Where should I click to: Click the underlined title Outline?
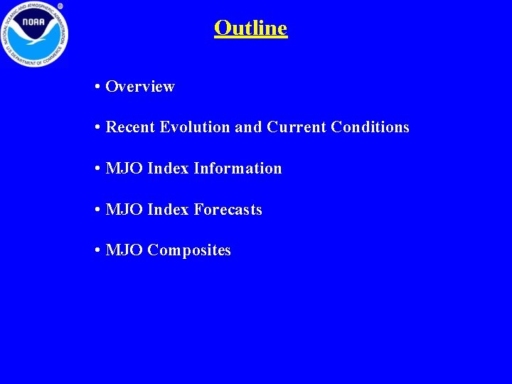point(250,28)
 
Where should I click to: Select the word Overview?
point(140,87)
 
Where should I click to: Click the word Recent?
point(131,127)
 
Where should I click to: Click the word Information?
point(238,169)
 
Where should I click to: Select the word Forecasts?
point(228,210)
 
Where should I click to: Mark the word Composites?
point(189,251)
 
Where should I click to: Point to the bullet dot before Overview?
point(96,87)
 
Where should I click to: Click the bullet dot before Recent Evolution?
point(96,128)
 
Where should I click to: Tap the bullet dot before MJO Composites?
point(96,251)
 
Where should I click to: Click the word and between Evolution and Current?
point(248,127)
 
